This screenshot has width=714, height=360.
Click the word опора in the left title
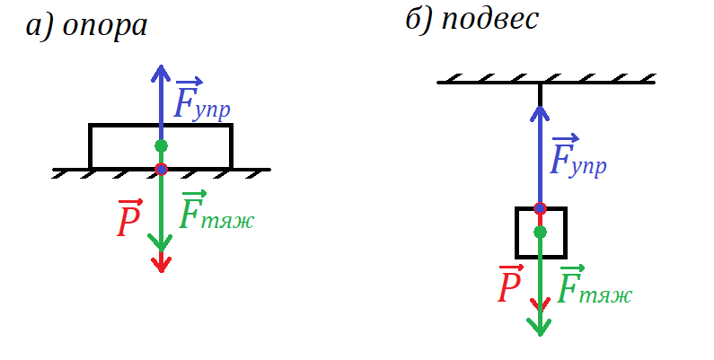click(104, 26)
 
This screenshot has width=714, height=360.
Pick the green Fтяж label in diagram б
click(595, 286)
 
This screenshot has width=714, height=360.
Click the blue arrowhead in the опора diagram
click(161, 72)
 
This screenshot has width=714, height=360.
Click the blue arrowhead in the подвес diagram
click(540, 111)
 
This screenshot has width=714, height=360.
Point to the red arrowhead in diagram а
click(161, 264)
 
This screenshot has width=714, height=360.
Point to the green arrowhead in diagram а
click(161, 242)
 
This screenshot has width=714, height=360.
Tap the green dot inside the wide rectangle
click(161, 145)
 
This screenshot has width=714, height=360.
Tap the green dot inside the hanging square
click(540, 233)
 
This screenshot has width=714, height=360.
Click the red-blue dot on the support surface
click(161, 169)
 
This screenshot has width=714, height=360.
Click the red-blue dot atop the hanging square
click(540, 208)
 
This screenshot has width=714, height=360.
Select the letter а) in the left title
click(38, 26)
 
